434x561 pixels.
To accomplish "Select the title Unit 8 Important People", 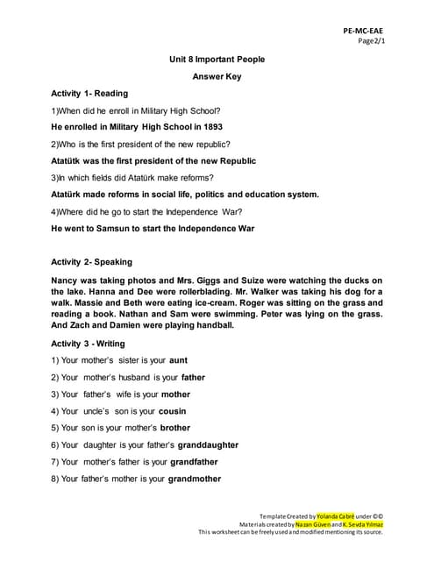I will click(x=217, y=60).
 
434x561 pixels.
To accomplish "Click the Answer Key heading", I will click(x=217, y=76).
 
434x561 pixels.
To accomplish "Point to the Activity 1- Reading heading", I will click(x=89, y=93).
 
